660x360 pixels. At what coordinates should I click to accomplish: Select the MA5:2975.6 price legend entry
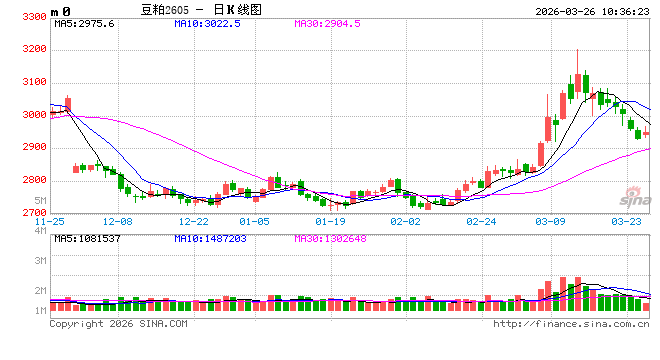[84, 23]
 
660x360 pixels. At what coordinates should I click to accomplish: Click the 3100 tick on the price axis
[32, 82]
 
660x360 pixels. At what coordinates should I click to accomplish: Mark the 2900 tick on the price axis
[32, 147]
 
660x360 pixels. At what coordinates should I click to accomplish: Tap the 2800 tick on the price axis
[32, 180]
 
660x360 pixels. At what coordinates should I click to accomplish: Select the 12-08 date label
[118, 221]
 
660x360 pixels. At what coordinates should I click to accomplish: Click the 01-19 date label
[330, 221]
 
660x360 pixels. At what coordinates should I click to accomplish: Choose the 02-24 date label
[481, 221]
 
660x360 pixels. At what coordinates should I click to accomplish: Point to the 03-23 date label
[626, 221]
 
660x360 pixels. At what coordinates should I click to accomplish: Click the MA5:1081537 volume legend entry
[88, 239]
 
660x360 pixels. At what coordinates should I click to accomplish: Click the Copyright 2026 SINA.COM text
[117, 323]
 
